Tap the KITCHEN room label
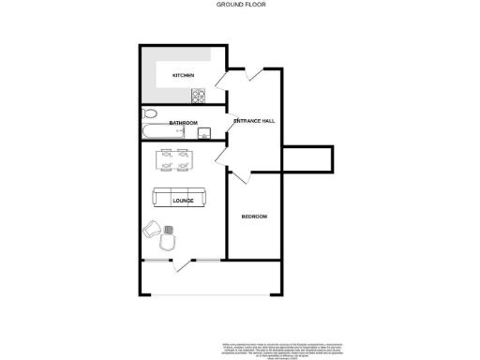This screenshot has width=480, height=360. [x=183, y=75]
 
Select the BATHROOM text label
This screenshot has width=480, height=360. [x=183, y=123]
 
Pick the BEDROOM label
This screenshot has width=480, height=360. [x=254, y=217]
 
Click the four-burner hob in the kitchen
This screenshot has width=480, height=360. [x=198, y=96]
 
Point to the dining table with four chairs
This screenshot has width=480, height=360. [x=174, y=160]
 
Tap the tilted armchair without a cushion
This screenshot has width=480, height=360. [x=152, y=228]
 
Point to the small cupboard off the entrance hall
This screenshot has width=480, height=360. [x=307, y=159]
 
